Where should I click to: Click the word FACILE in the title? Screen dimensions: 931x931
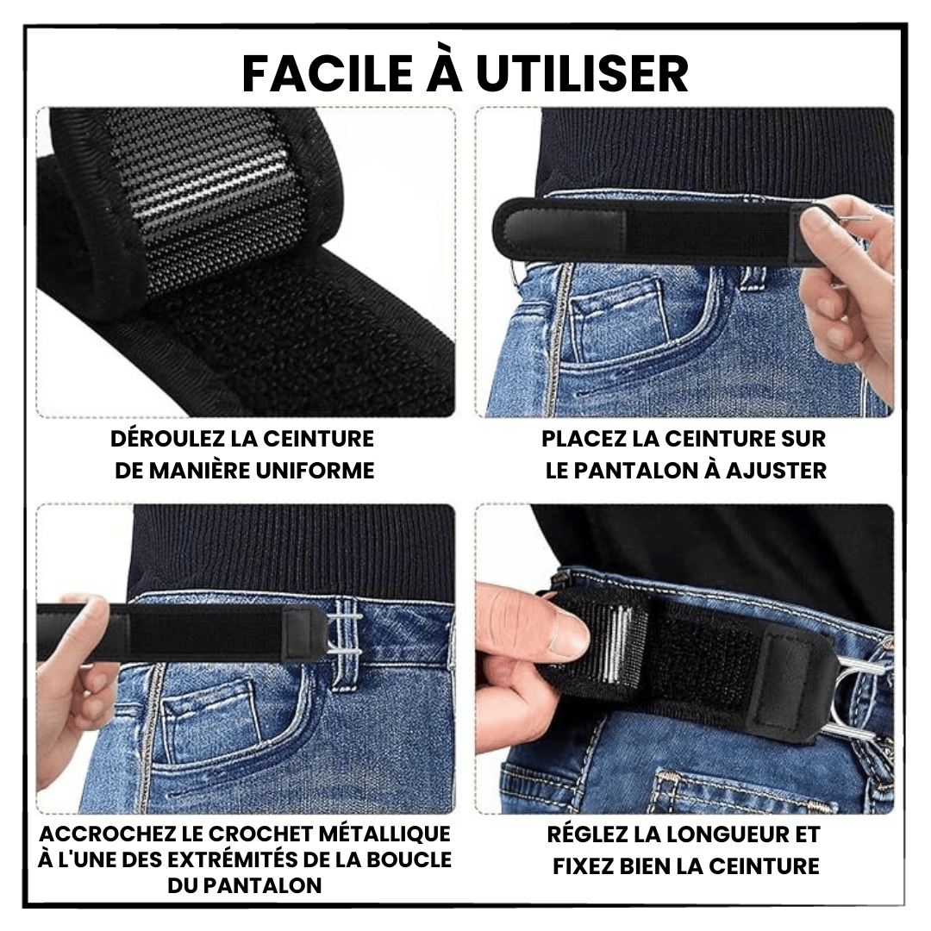328,74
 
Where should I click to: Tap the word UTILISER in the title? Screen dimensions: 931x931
582,74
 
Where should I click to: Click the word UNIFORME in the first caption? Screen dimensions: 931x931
316,471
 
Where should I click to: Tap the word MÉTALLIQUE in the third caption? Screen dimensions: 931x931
384,834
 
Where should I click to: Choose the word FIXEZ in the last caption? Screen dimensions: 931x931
584,866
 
